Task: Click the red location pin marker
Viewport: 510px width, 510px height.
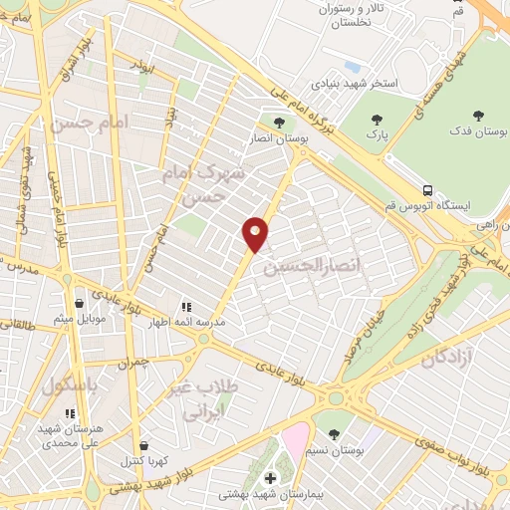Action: coord(256,233)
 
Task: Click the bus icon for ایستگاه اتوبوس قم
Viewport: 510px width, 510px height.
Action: coord(427,189)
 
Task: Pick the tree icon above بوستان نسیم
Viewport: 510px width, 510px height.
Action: coord(334,433)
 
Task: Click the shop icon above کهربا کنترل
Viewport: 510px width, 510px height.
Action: coord(145,445)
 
